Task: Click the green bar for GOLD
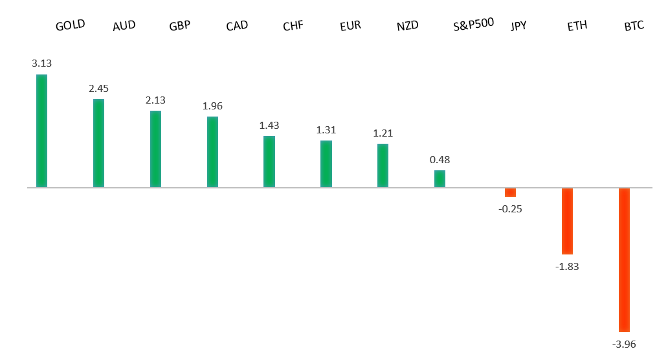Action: click(41, 131)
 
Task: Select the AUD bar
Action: click(98, 143)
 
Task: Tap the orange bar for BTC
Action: click(624, 260)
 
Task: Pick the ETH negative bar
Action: click(567, 221)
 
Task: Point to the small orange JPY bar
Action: click(510, 192)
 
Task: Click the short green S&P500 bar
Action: click(440, 179)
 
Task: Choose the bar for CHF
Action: click(269, 162)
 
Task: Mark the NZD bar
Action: click(383, 166)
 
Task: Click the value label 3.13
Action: click(41, 63)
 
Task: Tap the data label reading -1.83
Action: click(567, 265)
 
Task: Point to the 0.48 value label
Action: click(440, 159)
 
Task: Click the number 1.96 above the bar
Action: click(212, 106)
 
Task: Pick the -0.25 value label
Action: click(510, 208)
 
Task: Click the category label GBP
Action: click(179, 27)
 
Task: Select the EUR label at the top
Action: click(350, 27)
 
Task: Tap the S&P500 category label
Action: click(474, 24)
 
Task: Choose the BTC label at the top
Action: click(634, 27)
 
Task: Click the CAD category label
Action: click(236, 27)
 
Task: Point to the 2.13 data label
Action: click(155, 100)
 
